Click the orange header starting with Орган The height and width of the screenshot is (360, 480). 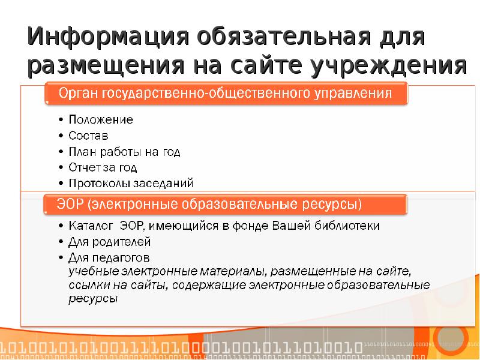coord(226,94)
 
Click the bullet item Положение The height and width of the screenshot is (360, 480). coord(100,120)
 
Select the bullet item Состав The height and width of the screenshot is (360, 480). coord(88,136)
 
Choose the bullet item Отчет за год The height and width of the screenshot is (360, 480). coord(102,167)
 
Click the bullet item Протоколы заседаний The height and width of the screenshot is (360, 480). coord(130,183)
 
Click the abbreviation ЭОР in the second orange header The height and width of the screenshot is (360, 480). coord(71,204)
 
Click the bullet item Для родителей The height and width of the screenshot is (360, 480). coord(109,242)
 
